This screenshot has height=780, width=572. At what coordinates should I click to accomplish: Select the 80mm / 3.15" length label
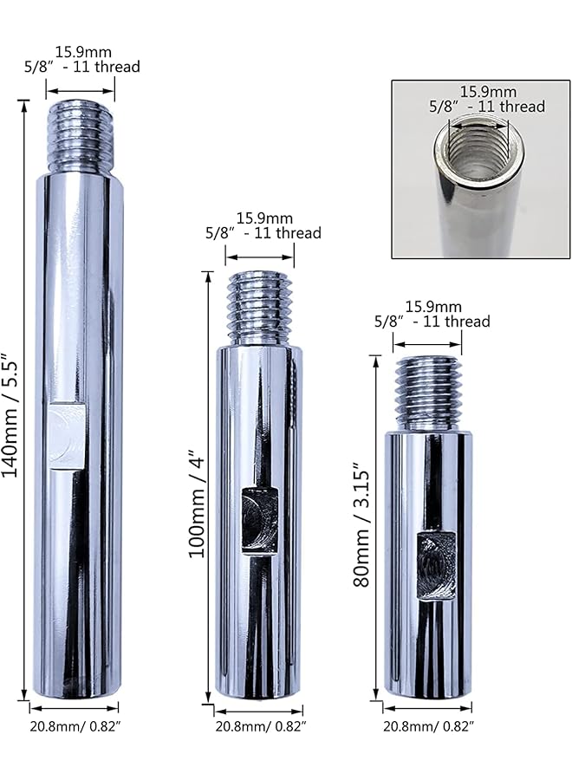point(361,529)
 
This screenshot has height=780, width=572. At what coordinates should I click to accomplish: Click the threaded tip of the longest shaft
point(81,137)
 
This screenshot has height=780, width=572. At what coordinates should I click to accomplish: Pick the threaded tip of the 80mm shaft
point(428,392)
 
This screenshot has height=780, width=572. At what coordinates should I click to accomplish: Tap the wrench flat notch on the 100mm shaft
point(259,520)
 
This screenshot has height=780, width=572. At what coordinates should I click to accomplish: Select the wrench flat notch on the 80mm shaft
point(436,566)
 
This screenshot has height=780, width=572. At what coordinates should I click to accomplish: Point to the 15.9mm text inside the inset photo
point(487,91)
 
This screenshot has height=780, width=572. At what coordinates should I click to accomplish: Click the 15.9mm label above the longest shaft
point(82,52)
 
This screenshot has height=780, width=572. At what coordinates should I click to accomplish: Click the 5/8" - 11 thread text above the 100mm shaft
point(263,232)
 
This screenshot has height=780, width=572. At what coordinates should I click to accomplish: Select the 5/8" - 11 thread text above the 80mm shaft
point(432,322)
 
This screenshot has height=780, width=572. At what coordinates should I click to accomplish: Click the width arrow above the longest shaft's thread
point(81,88)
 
